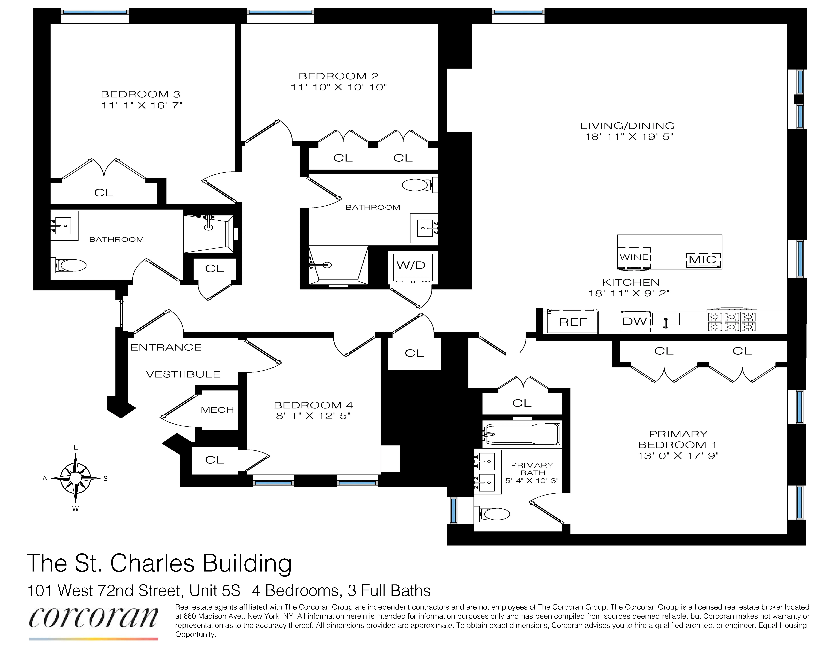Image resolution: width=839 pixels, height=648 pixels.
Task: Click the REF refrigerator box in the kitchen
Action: coord(573,322)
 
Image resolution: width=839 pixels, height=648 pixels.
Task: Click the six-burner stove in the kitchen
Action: coord(731,321)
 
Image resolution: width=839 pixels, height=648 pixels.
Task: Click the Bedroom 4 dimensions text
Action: coord(313,416)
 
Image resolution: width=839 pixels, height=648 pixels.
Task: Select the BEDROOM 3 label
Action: coord(140,94)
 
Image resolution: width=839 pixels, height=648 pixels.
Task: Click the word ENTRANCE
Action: coord(166,347)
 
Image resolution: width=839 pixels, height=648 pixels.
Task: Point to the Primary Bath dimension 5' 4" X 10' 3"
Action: coord(532,480)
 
